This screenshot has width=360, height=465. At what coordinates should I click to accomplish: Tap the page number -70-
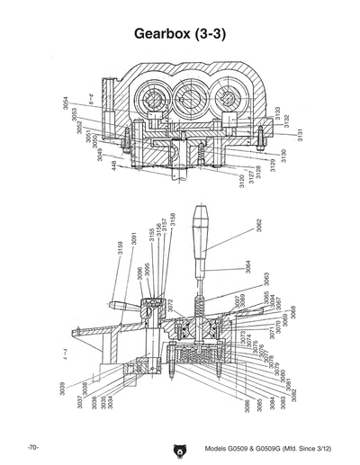[x=31, y=447]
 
